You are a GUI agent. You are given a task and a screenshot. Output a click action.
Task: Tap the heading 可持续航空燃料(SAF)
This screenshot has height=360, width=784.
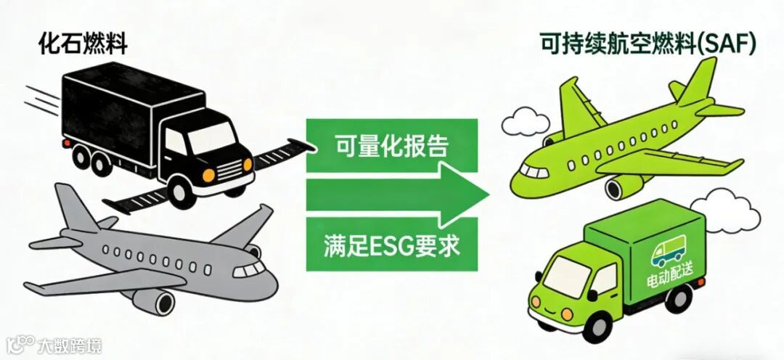click(648, 45)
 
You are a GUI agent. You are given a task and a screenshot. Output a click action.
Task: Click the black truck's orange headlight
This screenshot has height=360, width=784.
click(209, 175)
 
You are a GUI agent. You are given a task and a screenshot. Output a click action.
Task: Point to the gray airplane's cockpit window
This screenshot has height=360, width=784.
click(250, 269)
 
